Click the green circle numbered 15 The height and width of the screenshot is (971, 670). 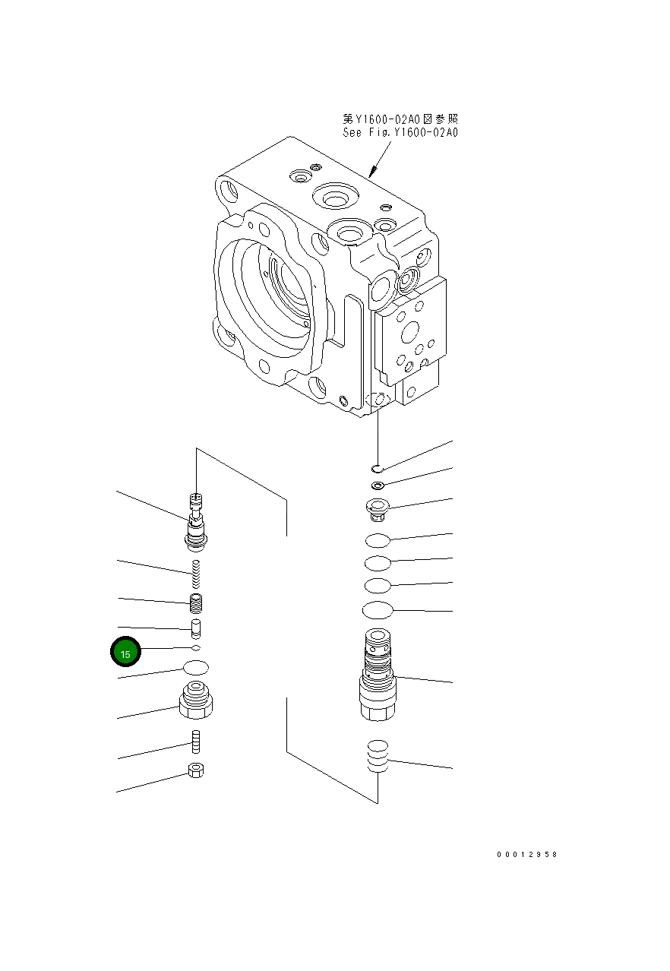tap(126, 653)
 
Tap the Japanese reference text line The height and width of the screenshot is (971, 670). tap(400, 119)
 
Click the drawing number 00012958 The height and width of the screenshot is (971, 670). tap(527, 855)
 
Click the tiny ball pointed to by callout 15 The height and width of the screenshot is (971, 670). tap(196, 648)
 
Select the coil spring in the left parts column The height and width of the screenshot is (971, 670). tap(196, 574)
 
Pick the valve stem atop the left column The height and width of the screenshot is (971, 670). tap(196, 520)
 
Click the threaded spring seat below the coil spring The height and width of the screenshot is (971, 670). tap(196, 606)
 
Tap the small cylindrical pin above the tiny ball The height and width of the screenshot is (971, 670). tap(196, 629)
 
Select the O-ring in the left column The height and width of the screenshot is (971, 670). tap(196, 668)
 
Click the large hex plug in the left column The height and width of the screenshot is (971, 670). tap(196, 701)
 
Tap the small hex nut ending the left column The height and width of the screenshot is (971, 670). tap(196, 770)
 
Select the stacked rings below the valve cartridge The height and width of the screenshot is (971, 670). tap(378, 757)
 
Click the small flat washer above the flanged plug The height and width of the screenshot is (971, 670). tap(378, 485)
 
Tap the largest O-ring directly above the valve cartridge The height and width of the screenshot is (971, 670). tap(378, 610)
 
